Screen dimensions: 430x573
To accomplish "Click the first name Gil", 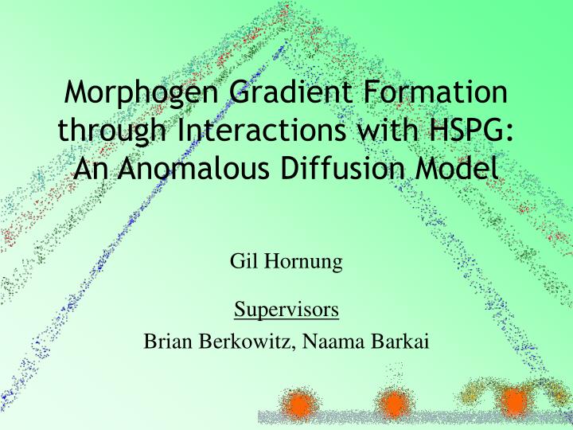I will click(243, 262).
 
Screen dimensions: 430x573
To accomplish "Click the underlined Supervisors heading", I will click(286, 308).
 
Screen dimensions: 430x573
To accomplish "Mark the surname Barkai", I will click(401, 342).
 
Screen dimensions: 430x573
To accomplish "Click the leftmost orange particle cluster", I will click(299, 405).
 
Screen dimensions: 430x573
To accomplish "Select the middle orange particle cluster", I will click(394, 405).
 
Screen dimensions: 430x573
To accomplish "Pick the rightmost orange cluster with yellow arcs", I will click(513, 401).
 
